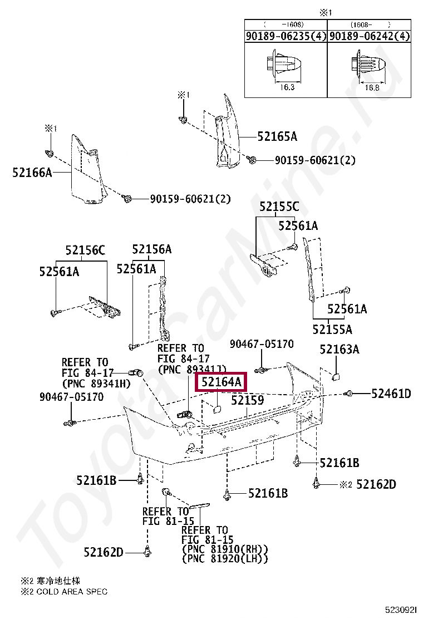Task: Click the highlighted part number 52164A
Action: tap(221, 382)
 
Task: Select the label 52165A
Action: tap(277, 136)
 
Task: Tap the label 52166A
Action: tap(32, 173)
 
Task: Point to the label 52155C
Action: tap(278, 207)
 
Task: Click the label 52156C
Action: tap(85, 251)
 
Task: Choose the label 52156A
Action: tap(151, 249)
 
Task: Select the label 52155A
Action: tap(332, 329)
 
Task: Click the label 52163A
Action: tap(339, 349)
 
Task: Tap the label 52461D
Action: tap(391, 394)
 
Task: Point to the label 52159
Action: tap(247, 400)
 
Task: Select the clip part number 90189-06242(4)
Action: tap(369, 36)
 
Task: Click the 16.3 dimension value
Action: tap(285, 87)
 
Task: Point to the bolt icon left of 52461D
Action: tap(349, 394)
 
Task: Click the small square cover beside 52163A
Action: tap(336, 376)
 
